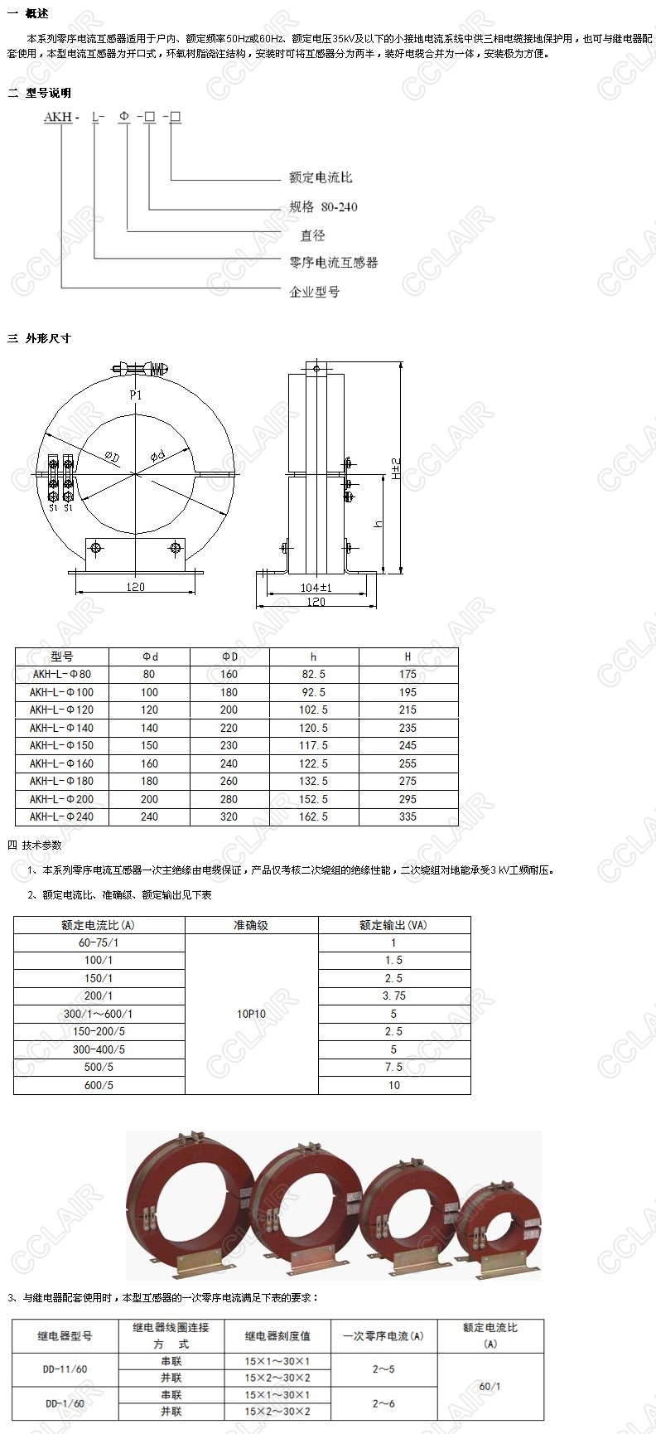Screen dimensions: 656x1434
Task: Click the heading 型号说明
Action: click(48, 93)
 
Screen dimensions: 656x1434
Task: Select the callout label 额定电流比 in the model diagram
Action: click(321, 177)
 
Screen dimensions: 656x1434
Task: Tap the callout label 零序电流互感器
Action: click(333, 263)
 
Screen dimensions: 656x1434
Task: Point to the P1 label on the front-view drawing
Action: click(136, 395)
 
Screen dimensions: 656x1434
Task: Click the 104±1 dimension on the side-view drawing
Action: click(316, 588)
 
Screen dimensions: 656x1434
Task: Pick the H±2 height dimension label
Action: click(396, 469)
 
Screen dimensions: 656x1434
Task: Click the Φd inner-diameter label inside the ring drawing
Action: click(157, 456)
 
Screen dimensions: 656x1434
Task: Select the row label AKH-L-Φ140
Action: click(62, 728)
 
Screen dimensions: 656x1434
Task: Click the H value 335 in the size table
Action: click(408, 817)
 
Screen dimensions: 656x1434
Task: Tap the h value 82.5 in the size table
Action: click(314, 675)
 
